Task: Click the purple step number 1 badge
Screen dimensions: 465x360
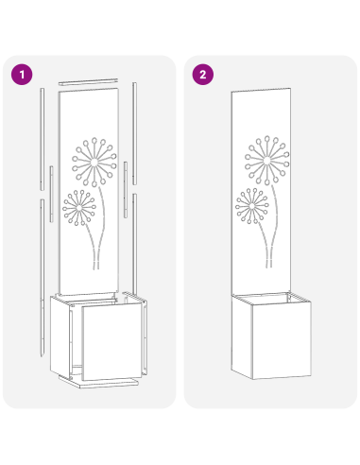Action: [20, 74]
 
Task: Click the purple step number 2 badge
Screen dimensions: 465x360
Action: [200, 74]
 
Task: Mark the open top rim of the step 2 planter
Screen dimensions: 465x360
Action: [264, 300]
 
